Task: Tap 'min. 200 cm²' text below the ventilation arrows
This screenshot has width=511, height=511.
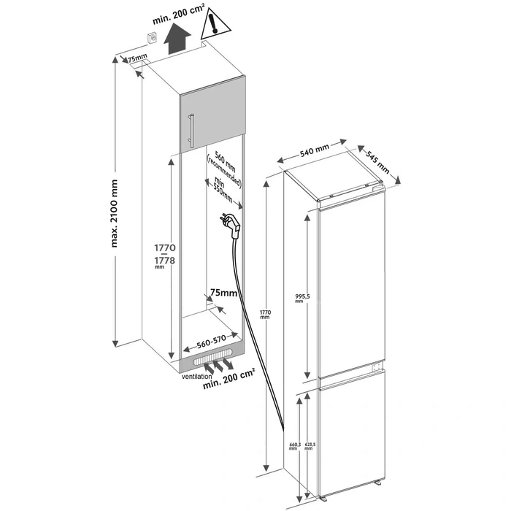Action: click(x=228, y=383)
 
